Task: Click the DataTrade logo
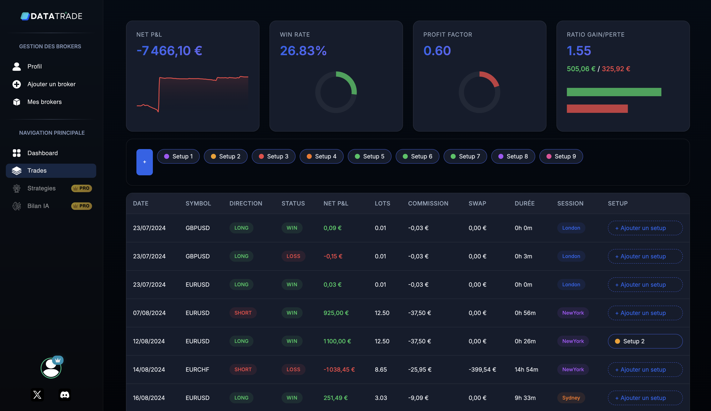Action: pyautogui.click(x=51, y=16)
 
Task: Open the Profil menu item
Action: pyautogui.click(x=34, y=66)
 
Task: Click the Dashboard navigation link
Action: pyautogui.click(x=42, y=153)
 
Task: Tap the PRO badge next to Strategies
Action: pyautogui.click(x=82, y=188)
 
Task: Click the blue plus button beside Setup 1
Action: pyautogui.click(x=145, y=162)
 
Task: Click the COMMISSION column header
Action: pyautogui.click(x=428, y=203)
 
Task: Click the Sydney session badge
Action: pyautogui.click(x=571, y=398)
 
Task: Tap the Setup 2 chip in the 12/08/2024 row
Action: pyautogui.click(x=645, y=341)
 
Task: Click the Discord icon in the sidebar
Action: pyautogui.click(x=65, y=395)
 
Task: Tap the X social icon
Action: pyautogui.click(x=37, y=395)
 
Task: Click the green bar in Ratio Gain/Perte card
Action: pyautogui.click(x=614, y=92)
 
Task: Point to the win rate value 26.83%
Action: pyautogui.click(x=303, y=51)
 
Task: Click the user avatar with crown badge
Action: pyautogui.click(x=51, y=368)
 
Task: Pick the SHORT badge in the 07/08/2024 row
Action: pyautogui.click(x=243, y=313)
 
